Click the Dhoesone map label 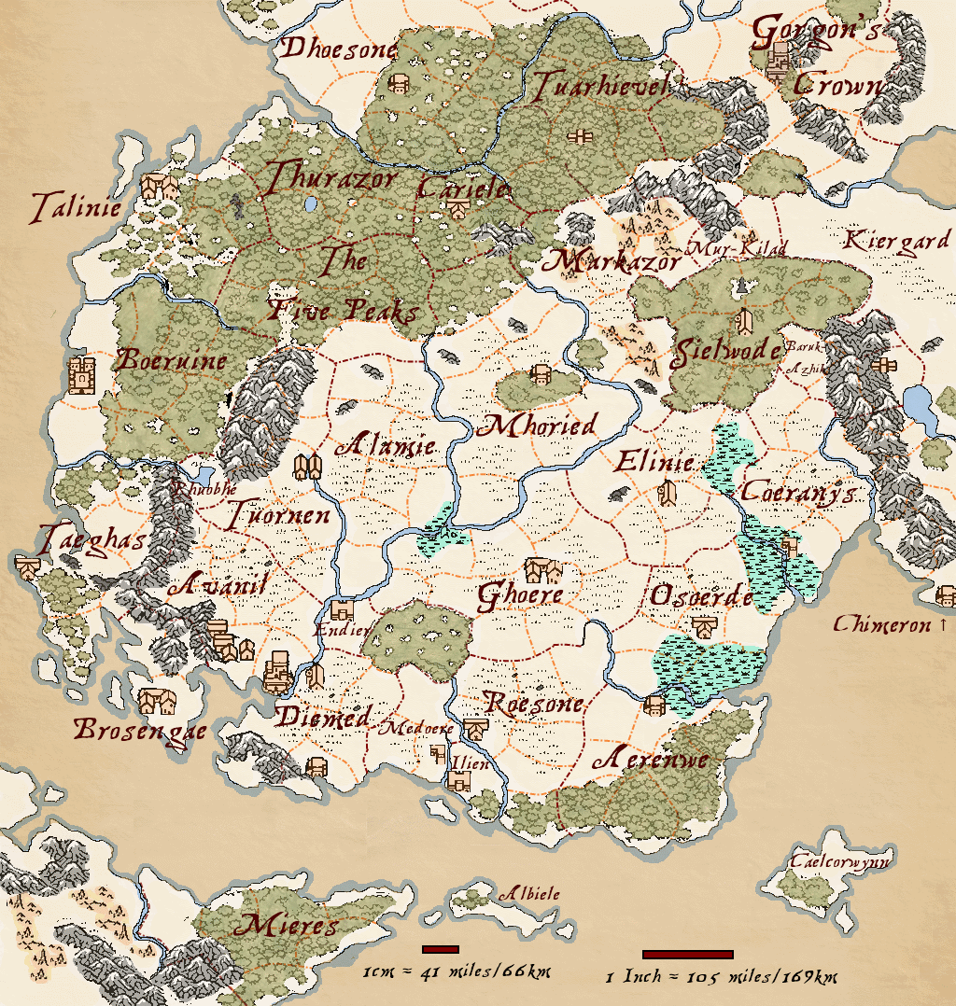(340, 49)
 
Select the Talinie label (76, 207)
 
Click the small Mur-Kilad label (737, 248)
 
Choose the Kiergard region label (895, 242)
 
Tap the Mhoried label (536, 426)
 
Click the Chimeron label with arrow (890, 624)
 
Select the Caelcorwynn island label (839, 861)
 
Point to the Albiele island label (528, 894)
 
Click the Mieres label (286, 926)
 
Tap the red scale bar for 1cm (440, 949)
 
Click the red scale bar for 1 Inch (687, 954)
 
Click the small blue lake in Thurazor (309, 203)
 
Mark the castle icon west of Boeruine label (83, 375)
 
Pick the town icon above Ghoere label (542, 569)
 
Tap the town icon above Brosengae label (155, 700)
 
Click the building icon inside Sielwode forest (744, 322)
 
